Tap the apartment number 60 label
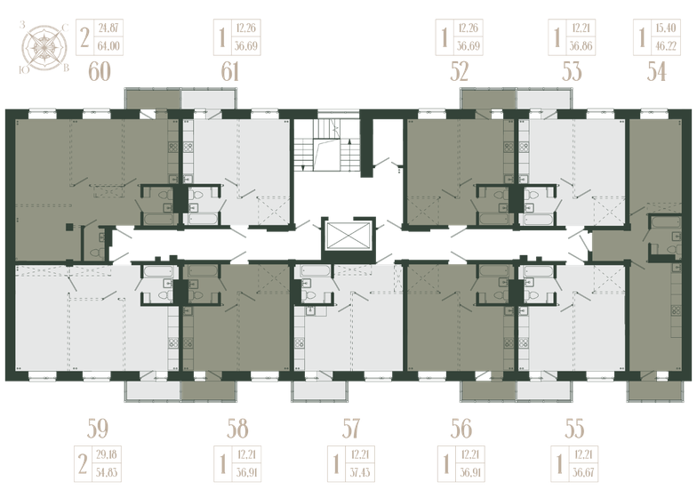(100, 71)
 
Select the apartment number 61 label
(230, 71)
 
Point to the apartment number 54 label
(656, 71)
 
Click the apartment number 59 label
(98, 429)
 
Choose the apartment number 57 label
(350, 429)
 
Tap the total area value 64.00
(108, 46)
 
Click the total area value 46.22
(666, 46)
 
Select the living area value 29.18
(107, 455)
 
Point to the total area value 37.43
(360, 472)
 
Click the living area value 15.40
(666, 28)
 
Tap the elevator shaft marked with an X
(348, 235)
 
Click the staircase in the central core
(326, 146)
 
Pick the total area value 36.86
(581, 46)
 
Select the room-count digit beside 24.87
(84, 37)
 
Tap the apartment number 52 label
(459, 71)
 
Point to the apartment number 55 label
(574, 429)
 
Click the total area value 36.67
(583, 472)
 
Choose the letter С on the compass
(65, 28)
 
